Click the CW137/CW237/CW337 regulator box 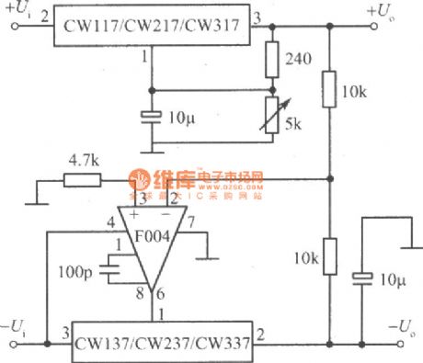pos(163,338)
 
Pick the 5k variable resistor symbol pos(272,116)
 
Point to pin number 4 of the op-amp pos(109,221)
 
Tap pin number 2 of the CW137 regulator pos(261,333)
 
